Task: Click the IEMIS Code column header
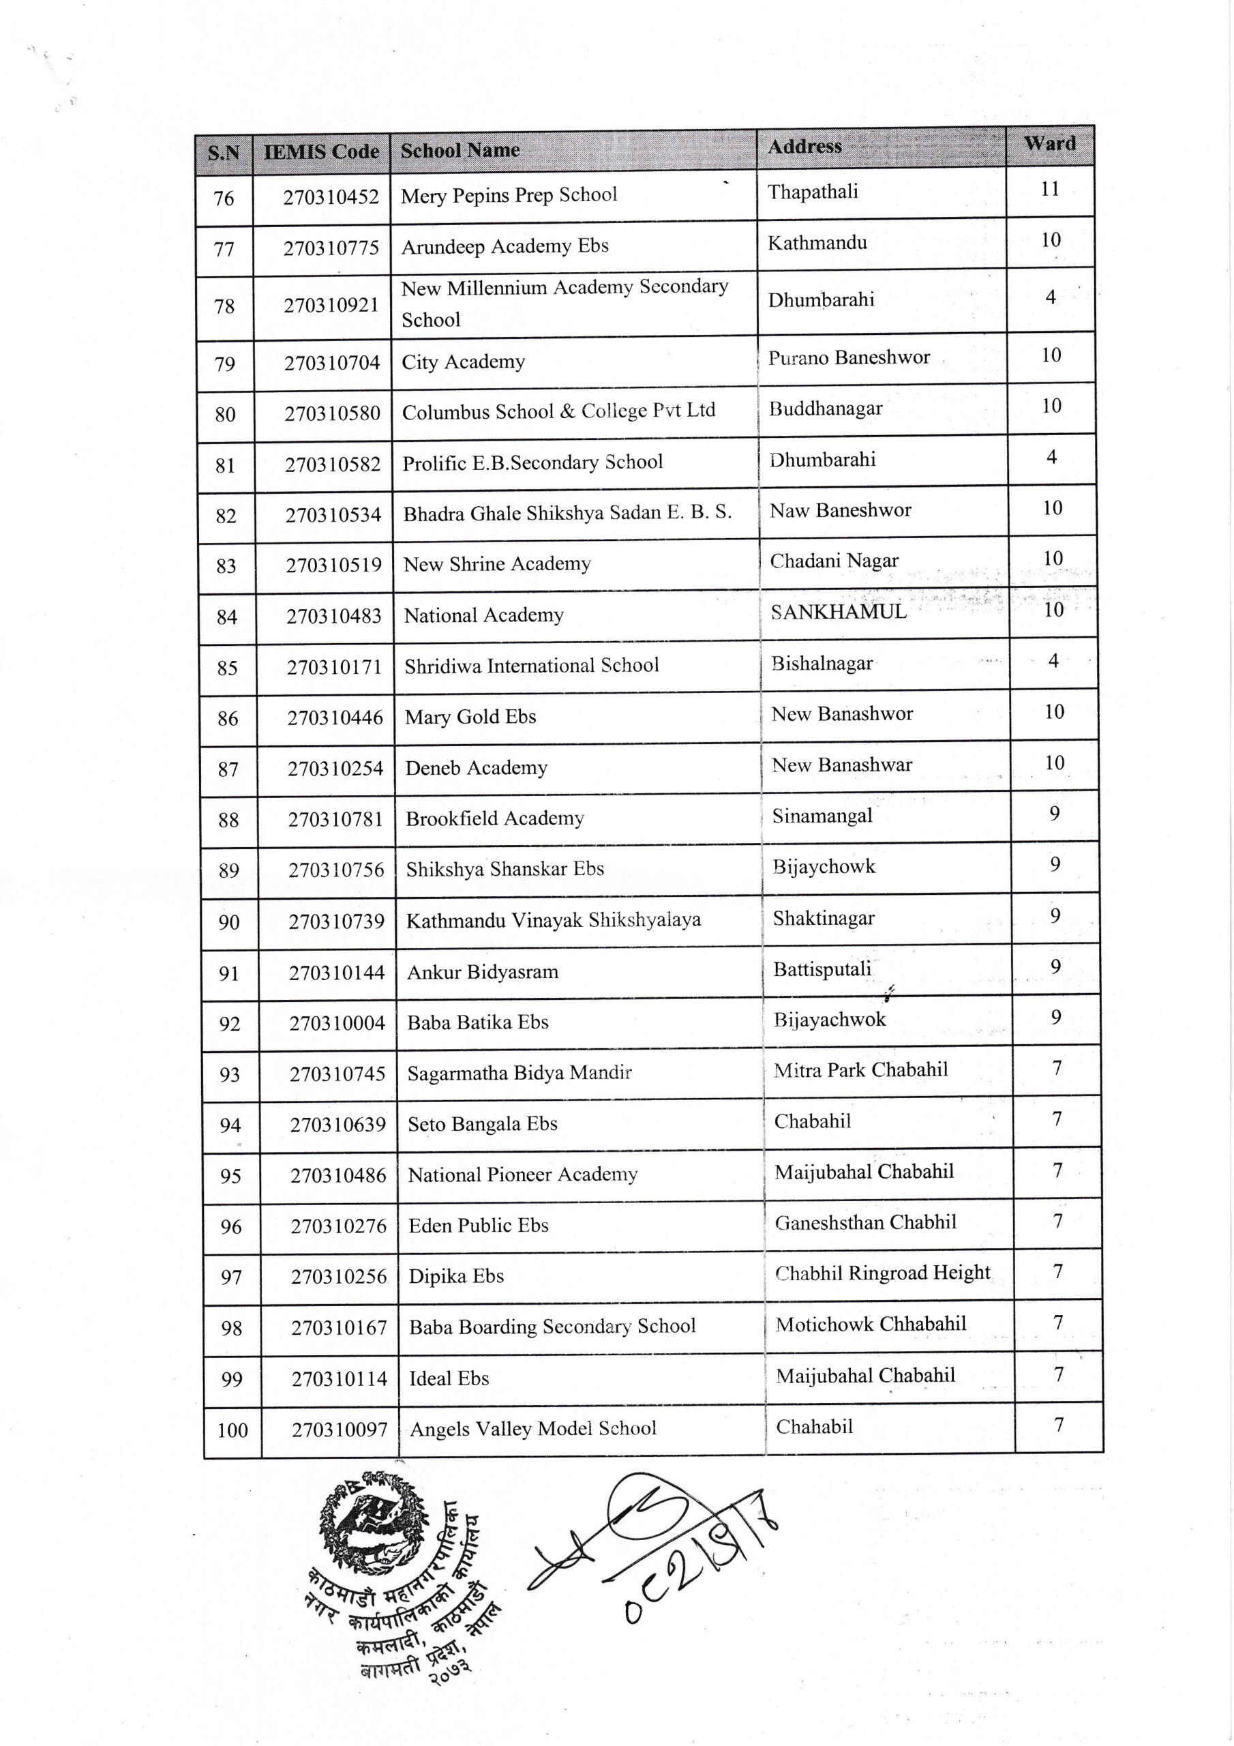click(x=321, y=151)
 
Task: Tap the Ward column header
click(x=1049, y=144)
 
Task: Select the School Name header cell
click(x=460, y=150)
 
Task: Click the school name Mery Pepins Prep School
click(x=509, y=196)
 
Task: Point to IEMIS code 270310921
click(x=331, y=305)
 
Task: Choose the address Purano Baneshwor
click(x=849, y=357)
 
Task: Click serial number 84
click(x=226, y=617)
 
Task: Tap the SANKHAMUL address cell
click(x=839, y=612)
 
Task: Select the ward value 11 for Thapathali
click(x=1050, y=190)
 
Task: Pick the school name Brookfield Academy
click(x=494, y=818)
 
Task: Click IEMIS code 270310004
click(x=337, y=1024)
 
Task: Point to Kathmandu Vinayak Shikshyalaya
click(x=554, y=920)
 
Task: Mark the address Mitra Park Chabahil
click(x=860, y=1070)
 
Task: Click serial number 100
click(x=232, y=1430)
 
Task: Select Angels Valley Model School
click(x=532, y=1429)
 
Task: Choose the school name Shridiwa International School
click(x=532, y=666)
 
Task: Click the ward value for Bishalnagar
click(x=1053, y=661)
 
